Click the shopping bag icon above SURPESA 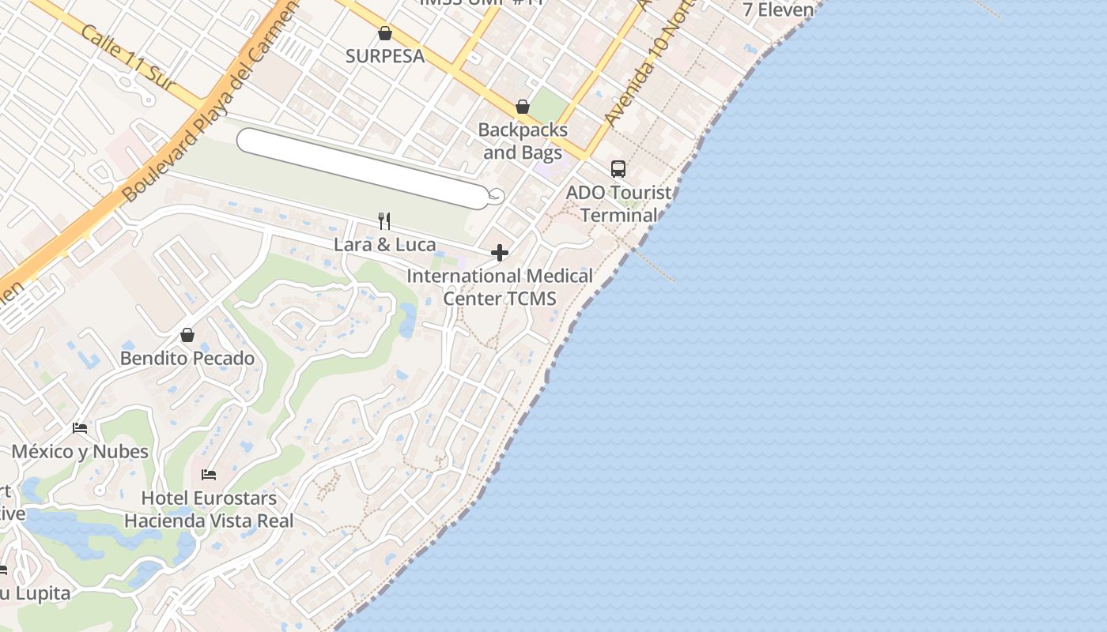[x=385, y=33]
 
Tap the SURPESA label [x=385, y=56]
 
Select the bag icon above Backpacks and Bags [x=522, y=107]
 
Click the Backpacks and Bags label [x=523, y=141]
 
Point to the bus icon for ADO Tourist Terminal [x=618, y=169]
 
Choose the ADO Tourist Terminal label [x=619, y=204]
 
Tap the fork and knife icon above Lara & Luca [x=384, y=221]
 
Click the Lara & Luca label [x=384, y=245]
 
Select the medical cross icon [x=500, y=253]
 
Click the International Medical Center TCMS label [x=500, y=287]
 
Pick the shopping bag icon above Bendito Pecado [x=187, y=336]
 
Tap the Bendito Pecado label [x=187, y=359]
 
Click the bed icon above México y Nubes [x=80, y=428]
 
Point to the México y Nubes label [x=80, y=452]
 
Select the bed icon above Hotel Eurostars [x=209, y=475]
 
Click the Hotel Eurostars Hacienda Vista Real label [x=209, y=510]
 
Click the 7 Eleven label [x=779, y=10]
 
